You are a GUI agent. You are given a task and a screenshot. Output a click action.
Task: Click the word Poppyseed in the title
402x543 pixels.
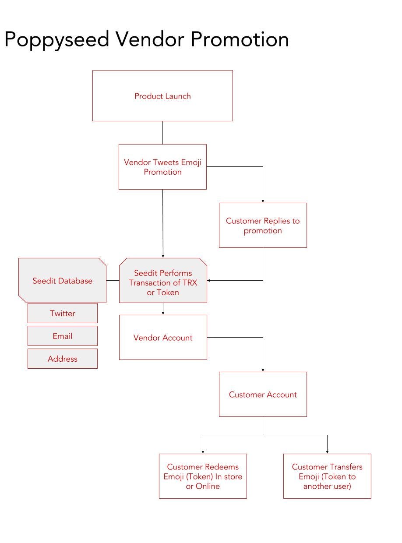click(56, 40)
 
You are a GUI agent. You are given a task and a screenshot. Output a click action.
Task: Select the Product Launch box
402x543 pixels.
click(162, 95)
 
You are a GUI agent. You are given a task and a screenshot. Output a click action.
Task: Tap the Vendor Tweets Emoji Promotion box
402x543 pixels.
click(162, 167)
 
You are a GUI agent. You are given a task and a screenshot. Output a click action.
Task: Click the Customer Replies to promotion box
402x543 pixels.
click(262, 225)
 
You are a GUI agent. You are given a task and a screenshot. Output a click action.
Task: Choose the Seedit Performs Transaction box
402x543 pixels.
click(163, 280)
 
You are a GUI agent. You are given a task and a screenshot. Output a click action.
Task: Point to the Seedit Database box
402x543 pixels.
click(62, 280)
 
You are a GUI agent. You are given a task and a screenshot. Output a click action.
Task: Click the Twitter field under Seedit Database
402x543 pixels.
click(63, 313)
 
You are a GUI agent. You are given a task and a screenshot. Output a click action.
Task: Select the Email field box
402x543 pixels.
click(63, 335)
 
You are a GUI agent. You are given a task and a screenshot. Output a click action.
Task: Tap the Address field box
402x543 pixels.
click(63, 358)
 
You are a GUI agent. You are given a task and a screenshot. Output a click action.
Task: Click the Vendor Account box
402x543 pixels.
click(163, 337)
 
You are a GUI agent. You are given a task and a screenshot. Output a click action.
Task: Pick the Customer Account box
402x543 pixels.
click(262, 394)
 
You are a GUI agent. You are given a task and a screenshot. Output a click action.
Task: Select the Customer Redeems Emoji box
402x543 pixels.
click(203, 476)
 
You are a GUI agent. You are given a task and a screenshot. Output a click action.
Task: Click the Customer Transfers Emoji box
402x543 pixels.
click(327, 476)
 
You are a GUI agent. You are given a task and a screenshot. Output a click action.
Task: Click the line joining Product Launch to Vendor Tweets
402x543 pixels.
click(162, 132)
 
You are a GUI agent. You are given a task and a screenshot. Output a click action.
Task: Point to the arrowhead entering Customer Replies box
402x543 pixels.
click(263, 201)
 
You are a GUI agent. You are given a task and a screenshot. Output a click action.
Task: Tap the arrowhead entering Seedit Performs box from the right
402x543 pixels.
click(208, 280)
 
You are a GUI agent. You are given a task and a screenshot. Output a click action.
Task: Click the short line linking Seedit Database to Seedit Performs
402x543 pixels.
click(113, 280)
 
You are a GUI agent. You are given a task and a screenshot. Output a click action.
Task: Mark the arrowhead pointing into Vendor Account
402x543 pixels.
click(163, 314)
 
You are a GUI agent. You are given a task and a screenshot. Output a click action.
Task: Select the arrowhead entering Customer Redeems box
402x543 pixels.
click(203, 452)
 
